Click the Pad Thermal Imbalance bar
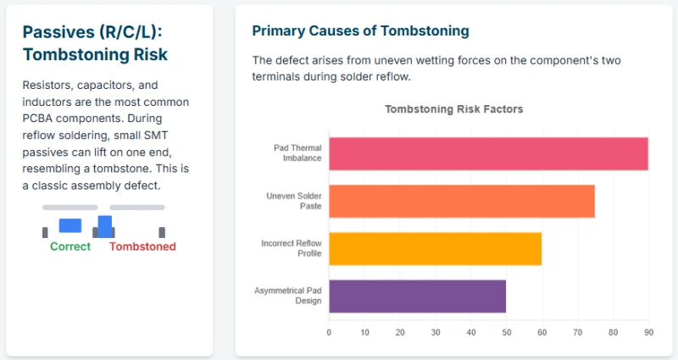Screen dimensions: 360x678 (488, 153)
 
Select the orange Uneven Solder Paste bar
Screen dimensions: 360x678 (462, 201)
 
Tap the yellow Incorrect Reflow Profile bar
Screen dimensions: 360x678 (435, 248)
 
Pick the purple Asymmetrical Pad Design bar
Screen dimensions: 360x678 (417, 296)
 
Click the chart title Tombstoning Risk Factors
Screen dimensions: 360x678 (453, 109)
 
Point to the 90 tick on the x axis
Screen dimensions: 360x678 (648, 332)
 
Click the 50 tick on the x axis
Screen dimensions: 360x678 (506, 332)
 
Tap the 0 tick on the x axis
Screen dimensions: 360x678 (329, 332)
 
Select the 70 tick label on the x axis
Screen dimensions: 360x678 (577, 332)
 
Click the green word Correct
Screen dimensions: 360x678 (70, 246)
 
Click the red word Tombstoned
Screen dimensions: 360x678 (142, 246)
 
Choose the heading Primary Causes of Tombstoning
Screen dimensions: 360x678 (360, 30)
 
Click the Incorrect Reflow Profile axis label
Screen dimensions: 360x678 (292, 248)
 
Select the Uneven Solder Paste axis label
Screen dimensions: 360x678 (294, 201)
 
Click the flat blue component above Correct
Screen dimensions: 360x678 (70, 225)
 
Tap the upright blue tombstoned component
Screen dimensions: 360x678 (105, 225)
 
